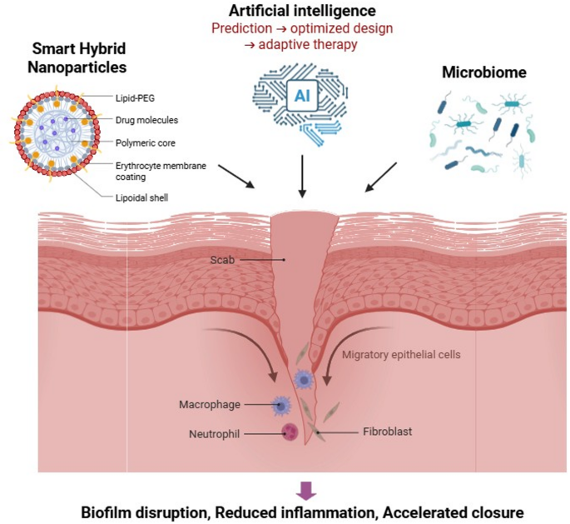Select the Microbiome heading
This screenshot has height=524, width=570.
[x=473, y=74]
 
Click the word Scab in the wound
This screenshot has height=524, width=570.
[x=223, y=260]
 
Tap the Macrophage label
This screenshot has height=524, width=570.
[x=209, y=405]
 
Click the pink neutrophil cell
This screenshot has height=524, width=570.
[x=290, y=432]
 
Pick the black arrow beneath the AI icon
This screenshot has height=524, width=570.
[x=303, y=178]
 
